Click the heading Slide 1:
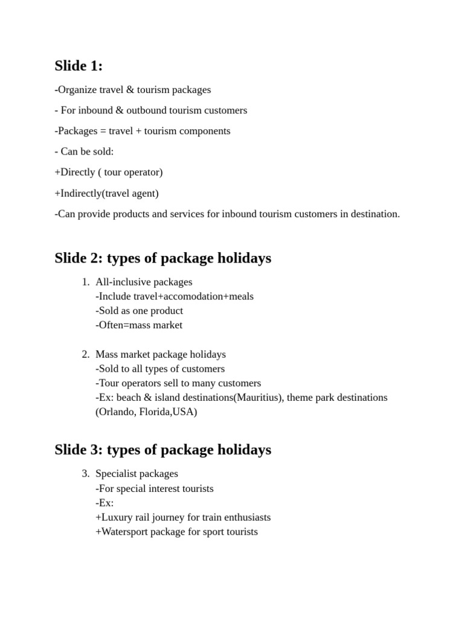tap(79, 66)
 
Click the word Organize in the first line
tap(77, 90)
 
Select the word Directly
tap(77, 173)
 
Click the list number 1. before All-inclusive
tap(85, 282)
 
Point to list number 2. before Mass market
tap(85, 354)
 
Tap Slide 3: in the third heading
tap(79, 450)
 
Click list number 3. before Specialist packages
tap(85, 474)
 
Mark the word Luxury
tap(118, 517)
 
